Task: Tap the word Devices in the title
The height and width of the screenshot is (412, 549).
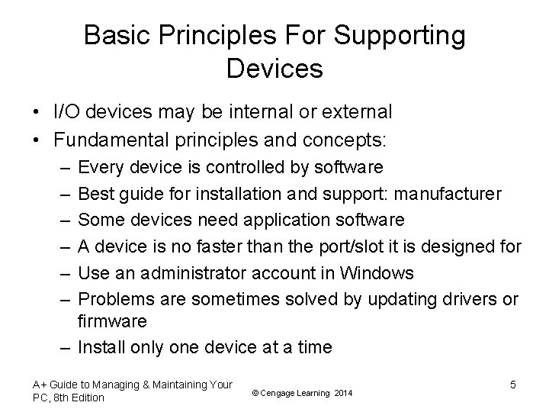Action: coord(274,69)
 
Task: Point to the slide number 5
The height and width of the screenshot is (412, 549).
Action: coord(512,384)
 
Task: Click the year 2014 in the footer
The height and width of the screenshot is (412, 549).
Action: coord(342,391)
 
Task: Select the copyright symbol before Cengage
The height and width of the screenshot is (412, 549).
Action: coord(254,391)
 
